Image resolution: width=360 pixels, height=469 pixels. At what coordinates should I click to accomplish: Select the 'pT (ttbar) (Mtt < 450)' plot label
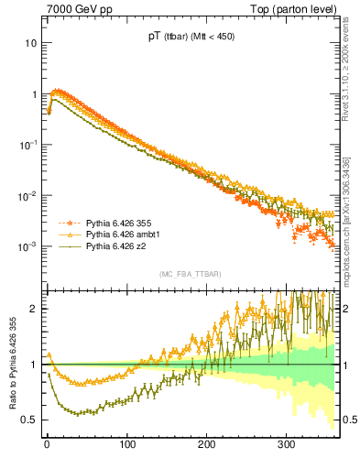(x=191, y=38)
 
